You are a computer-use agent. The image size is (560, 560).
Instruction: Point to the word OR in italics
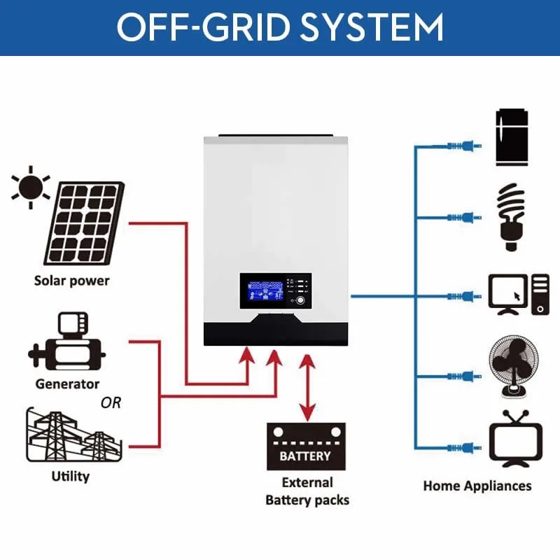pyautogui.click(x=111, y=402)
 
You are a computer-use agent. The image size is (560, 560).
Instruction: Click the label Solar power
pyautogui.click(x=72, y=281)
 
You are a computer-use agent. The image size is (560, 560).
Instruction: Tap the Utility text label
pyautogui.click(x=71, y=477)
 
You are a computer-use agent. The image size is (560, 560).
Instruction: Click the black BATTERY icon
pyautogui.click(x=306, y=447)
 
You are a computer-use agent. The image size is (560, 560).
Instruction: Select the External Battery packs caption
pyautogui.click(x=307, y=491)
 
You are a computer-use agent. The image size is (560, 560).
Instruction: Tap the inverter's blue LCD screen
pyautogui.click(x=265, y=290)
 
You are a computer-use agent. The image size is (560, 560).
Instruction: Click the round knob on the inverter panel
pyautogui.click(x=301, y=300)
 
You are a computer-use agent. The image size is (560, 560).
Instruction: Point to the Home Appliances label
pyautogui.click(x=477, y=485)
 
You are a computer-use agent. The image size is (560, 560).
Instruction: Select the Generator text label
pyautogui.click(x=67, y=384)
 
